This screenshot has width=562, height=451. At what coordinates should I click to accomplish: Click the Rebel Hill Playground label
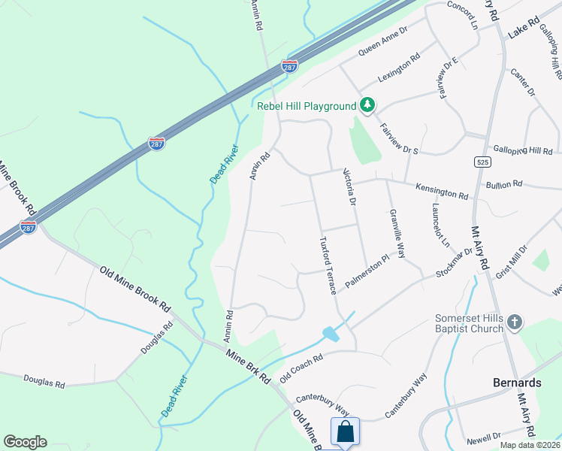click(x=306, y=106)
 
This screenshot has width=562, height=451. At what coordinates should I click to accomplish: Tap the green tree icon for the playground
click(x=367, y=106)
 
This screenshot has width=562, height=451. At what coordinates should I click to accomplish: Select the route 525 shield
click(x=482, y=162)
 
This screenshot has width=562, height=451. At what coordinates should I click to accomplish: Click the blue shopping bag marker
click(x=345, y=432)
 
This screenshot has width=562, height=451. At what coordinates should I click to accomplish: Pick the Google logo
click(x=25, y=442)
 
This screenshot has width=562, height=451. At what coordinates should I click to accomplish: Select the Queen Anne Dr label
click(x=382, y=42)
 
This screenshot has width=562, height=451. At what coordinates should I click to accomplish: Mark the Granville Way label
click(x=397, y=233)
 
